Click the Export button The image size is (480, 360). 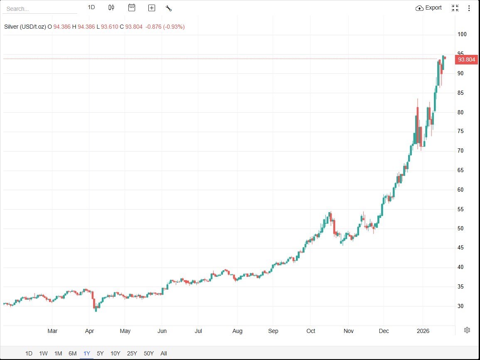pos(429,8)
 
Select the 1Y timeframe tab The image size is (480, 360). pos(87,353)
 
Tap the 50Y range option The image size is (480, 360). pos(149,353)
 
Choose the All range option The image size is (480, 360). pos(164,353)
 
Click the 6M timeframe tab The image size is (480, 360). pos(72,353)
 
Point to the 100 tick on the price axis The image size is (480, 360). pos(462,35)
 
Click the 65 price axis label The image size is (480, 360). pos(460,170)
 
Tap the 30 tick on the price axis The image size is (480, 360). pos(460,306)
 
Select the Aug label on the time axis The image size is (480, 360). pos(237,331)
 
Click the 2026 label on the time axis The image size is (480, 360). pos(423,331)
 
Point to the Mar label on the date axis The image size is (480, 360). pos(52,331)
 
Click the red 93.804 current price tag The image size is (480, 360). pos(466,59)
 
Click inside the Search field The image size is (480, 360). pos(39,9)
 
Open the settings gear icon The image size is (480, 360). pos(467,330)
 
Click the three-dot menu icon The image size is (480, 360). pos(469,8)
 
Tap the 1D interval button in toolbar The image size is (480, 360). pos(91,7)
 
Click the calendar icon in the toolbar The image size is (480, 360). pos(132,7)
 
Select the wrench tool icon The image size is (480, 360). pos(168,8)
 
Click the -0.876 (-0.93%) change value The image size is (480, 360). pos(165,27)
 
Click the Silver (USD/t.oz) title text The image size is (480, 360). pos(25,27)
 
